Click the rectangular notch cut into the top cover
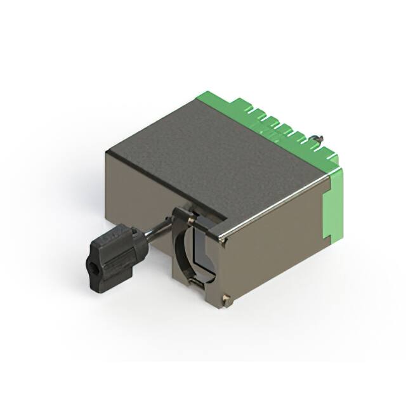pyautogui.click(x=203, y=209)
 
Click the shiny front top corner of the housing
pyautogui.click(x=221, y=240)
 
